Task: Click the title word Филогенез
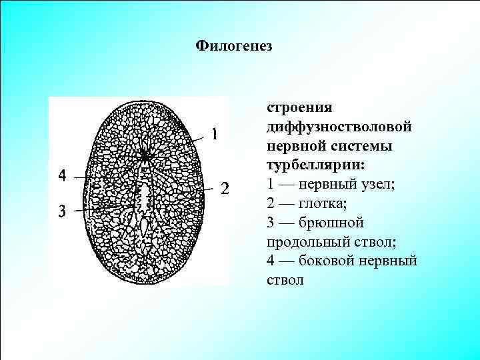pos(235,47)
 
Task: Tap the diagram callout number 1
pos(215,134)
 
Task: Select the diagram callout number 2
pos(225,189)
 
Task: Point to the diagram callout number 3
pos(62,212)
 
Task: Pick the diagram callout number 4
pos(62,176)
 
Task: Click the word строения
pos(299,107)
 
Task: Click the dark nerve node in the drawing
pos(144,155)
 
